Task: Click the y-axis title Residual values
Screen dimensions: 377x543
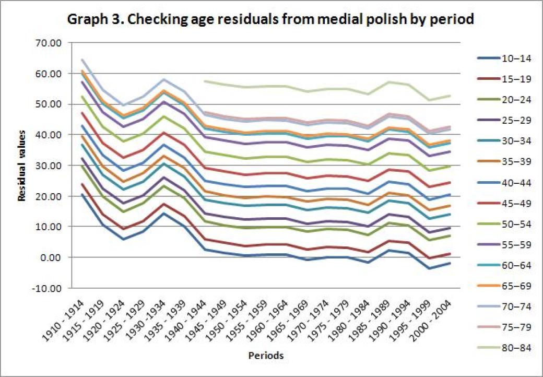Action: pyautogui.click(x=22, y=166)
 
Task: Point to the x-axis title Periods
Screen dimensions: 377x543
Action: pyautogui.click(x=265, y=356)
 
